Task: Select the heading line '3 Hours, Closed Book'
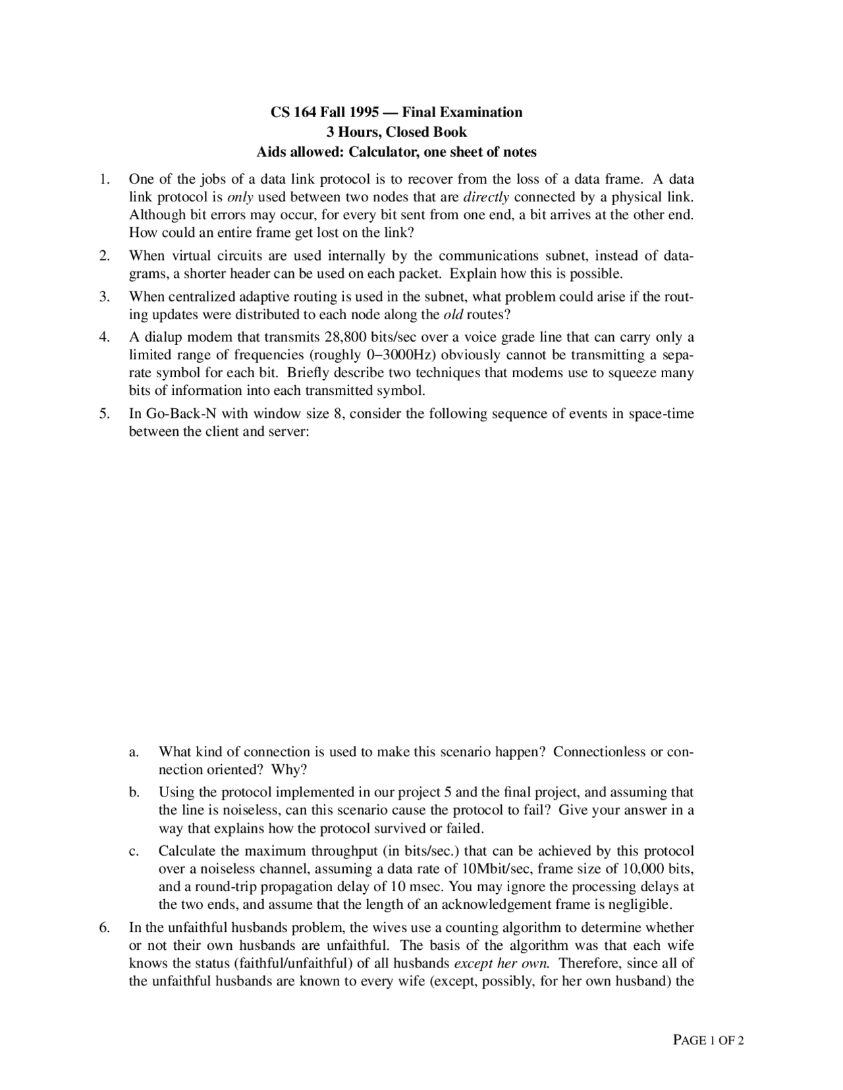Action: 396,132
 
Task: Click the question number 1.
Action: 103,179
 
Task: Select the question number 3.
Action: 103,296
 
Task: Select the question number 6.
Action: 103,928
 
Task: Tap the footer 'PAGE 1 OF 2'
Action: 709,1041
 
